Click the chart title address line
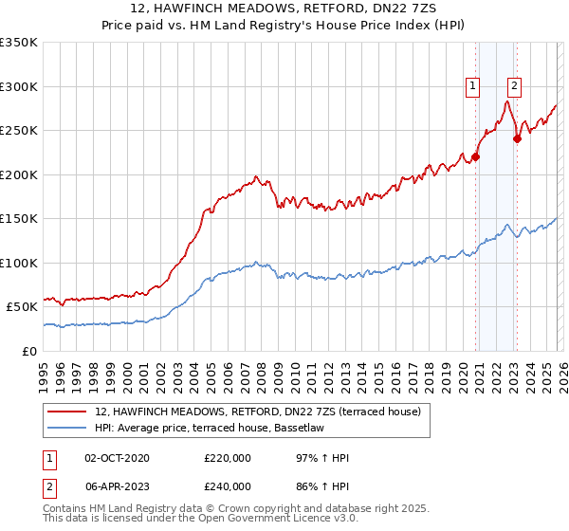284,9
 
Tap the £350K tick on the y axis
19,43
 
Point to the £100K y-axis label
19,263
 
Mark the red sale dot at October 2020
475,157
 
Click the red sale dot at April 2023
517,138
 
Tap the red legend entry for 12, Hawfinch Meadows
237,411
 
